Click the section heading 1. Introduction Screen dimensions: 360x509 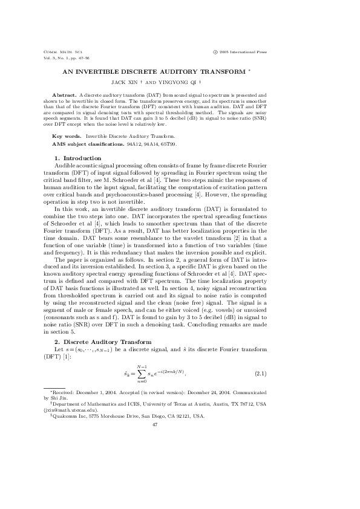[74, 158]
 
